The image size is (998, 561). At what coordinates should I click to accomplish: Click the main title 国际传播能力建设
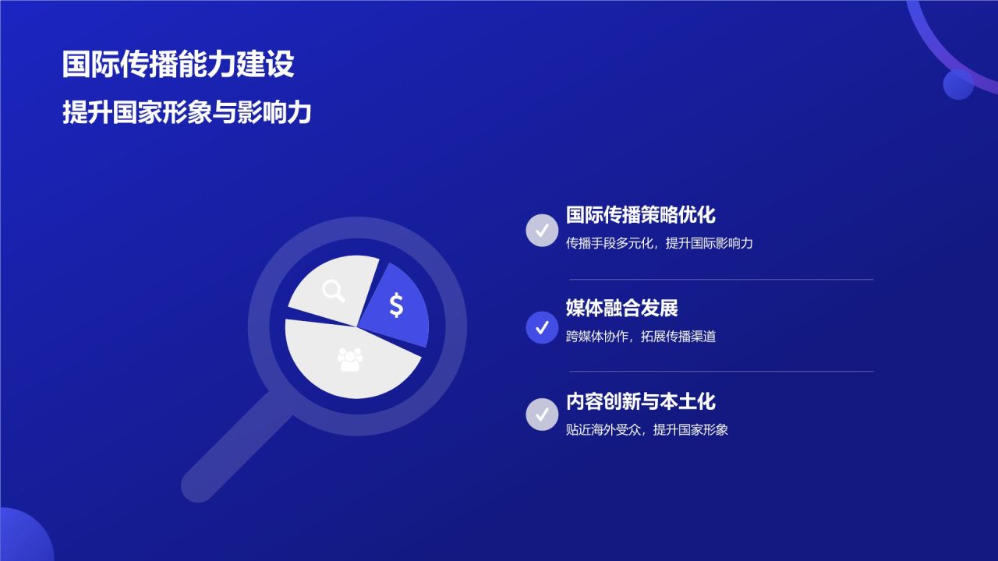coord(178,65)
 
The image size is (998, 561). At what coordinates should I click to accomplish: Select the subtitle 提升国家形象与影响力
coord(187,112)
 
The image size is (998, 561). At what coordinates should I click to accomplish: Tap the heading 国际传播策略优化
coord(640,215)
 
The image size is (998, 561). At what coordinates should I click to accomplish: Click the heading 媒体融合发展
coord(621,308)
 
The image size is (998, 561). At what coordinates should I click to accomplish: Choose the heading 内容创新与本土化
coord(640,401)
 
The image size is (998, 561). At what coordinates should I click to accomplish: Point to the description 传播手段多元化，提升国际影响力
coord(659,243)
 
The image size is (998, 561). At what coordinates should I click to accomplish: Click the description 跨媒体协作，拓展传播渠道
coord(640,337)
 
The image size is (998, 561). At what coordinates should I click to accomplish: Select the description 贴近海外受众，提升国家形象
coord(646,429)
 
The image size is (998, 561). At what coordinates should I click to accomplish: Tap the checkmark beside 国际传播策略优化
coord(542,231)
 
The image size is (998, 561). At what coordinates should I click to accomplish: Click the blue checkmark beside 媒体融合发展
coord(542,327)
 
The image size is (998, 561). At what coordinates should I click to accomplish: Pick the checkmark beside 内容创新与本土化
coord(542,414)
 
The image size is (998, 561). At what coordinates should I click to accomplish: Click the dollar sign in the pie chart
coord(396,305)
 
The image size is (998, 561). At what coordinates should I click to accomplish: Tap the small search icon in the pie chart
coord(334,291)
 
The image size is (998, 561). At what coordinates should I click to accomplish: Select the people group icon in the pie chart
coord(350,359)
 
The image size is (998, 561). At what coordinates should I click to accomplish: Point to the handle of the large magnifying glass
coord(230,452)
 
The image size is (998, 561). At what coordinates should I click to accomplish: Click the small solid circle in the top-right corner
coord(957,84)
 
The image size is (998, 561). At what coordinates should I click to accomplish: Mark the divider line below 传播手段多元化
coord(721,279)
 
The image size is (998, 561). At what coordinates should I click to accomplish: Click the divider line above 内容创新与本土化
coord(721,372)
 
